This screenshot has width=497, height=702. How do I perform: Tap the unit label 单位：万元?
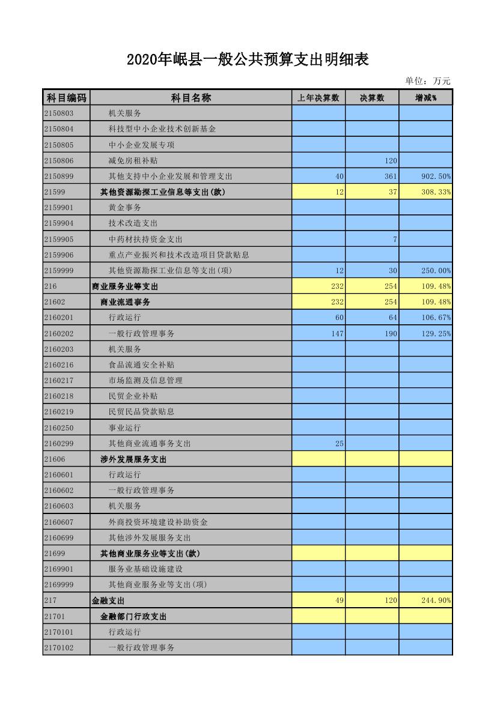427,81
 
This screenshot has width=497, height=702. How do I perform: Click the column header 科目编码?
66,98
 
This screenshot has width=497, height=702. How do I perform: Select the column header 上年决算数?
319,98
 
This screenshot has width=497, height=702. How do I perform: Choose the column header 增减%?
425,98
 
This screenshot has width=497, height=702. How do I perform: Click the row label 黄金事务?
124,208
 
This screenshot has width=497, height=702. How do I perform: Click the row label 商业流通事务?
125,302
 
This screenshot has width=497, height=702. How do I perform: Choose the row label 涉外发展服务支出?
133,459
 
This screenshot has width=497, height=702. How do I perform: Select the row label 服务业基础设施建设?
145,569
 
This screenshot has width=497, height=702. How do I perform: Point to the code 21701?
55,616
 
